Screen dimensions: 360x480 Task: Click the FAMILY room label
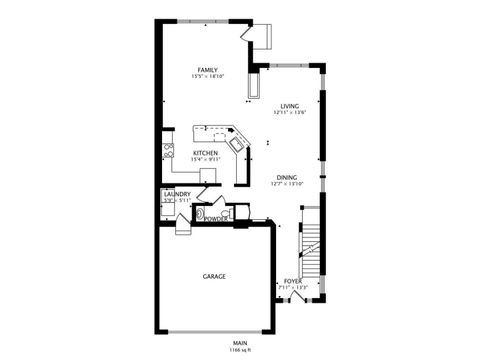207,69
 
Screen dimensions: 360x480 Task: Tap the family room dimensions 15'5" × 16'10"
207,76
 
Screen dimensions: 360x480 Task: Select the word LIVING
289,106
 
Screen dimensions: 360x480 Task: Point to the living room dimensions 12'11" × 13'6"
289,113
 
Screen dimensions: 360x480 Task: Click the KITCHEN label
205,153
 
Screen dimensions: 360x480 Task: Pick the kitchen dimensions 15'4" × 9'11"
205,160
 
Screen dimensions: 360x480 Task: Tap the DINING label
287,177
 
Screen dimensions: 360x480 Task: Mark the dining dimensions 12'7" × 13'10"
287,184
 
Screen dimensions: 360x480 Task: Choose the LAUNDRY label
176,195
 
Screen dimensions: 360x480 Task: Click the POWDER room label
217,216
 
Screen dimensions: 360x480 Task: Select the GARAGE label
214,276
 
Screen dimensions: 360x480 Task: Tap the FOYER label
292,281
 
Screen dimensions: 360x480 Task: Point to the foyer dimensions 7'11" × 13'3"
292,288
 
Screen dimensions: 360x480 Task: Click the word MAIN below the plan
240,342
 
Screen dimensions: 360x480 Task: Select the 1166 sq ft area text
240,349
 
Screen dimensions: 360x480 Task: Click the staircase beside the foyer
311,245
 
